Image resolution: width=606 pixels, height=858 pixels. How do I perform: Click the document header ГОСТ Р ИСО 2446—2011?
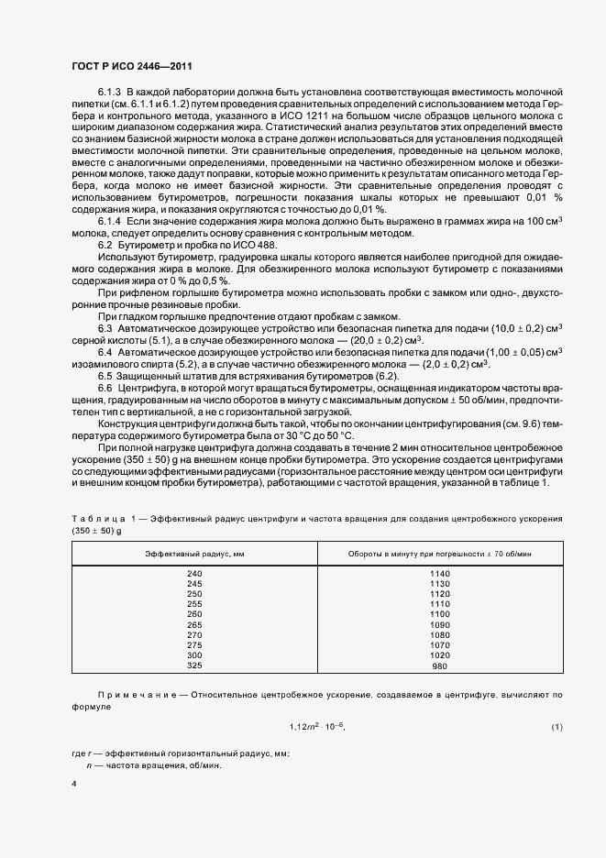pyautogui.click(x=132, y=66)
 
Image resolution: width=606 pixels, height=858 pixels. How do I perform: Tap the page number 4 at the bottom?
pyautogui.click(x=73, y=784)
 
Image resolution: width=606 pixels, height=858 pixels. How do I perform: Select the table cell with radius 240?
pyautogui.click(x=193, y=573)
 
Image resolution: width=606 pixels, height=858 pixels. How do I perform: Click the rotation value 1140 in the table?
pyautogui.click(x=440, y=573)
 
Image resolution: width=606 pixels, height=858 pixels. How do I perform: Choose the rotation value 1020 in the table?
pyautogui.click(x=440, y=655)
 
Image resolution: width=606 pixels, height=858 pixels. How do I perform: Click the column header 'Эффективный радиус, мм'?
pyautogui.click(x=193, y=555)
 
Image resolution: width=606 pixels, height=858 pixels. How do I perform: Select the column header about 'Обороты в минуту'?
pyautogui.click(x=440, y=555)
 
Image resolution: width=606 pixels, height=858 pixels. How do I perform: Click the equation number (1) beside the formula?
pyautogui.click(x=556, y=727)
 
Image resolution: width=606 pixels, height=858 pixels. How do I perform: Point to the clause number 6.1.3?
pyautogui.click(x=109, y=93)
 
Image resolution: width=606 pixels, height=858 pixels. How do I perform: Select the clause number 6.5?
pyautogui.click(x=105, y=376)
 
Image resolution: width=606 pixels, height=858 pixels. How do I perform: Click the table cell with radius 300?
pyautogui.click(x=193, y=655)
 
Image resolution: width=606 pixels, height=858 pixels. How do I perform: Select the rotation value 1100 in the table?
pyautogui.click(x=440, y=614)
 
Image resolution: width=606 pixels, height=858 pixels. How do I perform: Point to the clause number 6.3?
pyautogui.click(x=105, y=327)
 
